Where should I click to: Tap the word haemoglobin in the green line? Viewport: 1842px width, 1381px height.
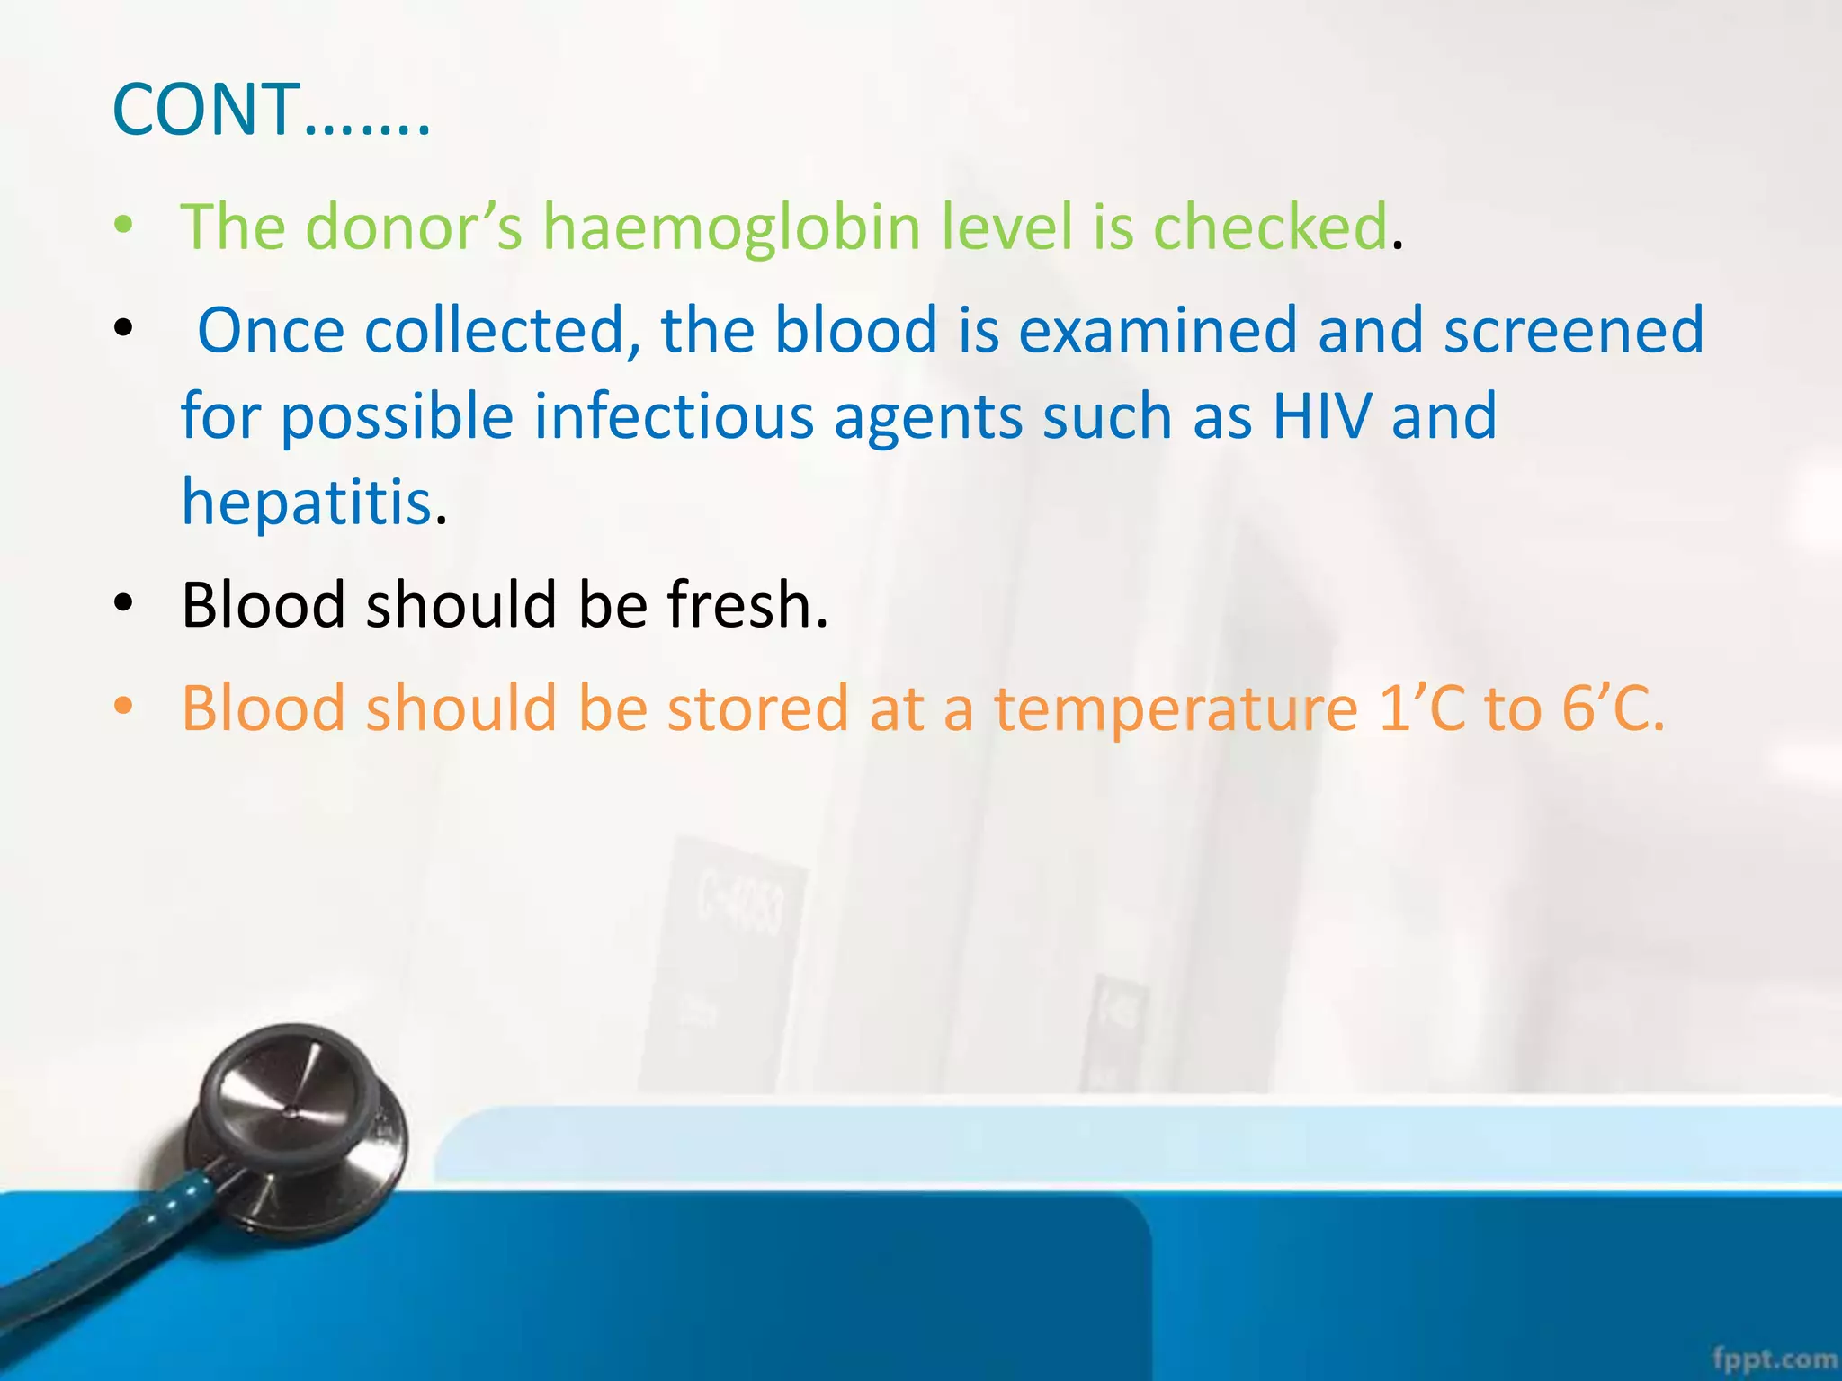[731, 227]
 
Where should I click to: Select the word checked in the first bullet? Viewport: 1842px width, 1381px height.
[1270, 227]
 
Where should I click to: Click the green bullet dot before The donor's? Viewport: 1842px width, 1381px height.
[124, 225]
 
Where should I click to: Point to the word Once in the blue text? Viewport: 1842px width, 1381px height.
[271, 330]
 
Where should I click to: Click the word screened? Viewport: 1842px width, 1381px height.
[1574, 330]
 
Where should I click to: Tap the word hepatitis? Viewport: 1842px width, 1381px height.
[307, 502]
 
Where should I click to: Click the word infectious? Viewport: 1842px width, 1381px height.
[674, 416]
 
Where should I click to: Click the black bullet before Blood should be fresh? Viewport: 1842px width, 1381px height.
[124, 603]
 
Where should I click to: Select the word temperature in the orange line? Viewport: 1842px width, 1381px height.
[1175, 708]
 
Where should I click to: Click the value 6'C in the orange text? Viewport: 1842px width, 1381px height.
[1610, 708]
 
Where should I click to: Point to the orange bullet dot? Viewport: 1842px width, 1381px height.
[124, 707]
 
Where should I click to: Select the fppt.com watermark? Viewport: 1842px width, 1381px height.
[1773, 1359]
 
